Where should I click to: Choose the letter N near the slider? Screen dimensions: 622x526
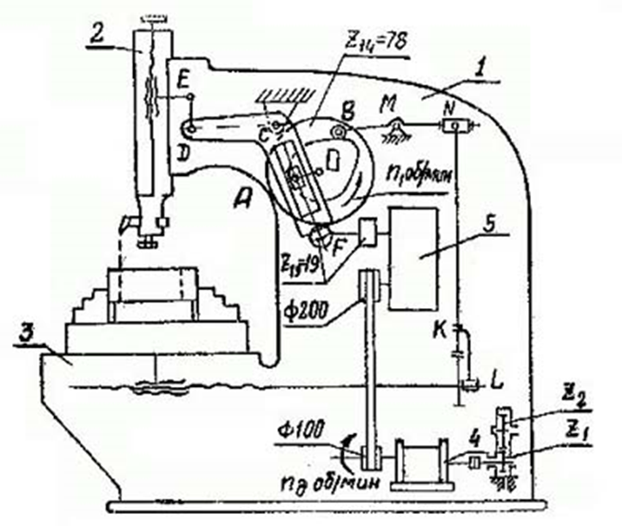[449, 107]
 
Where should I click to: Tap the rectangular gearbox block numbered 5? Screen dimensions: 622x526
[413, 257]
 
